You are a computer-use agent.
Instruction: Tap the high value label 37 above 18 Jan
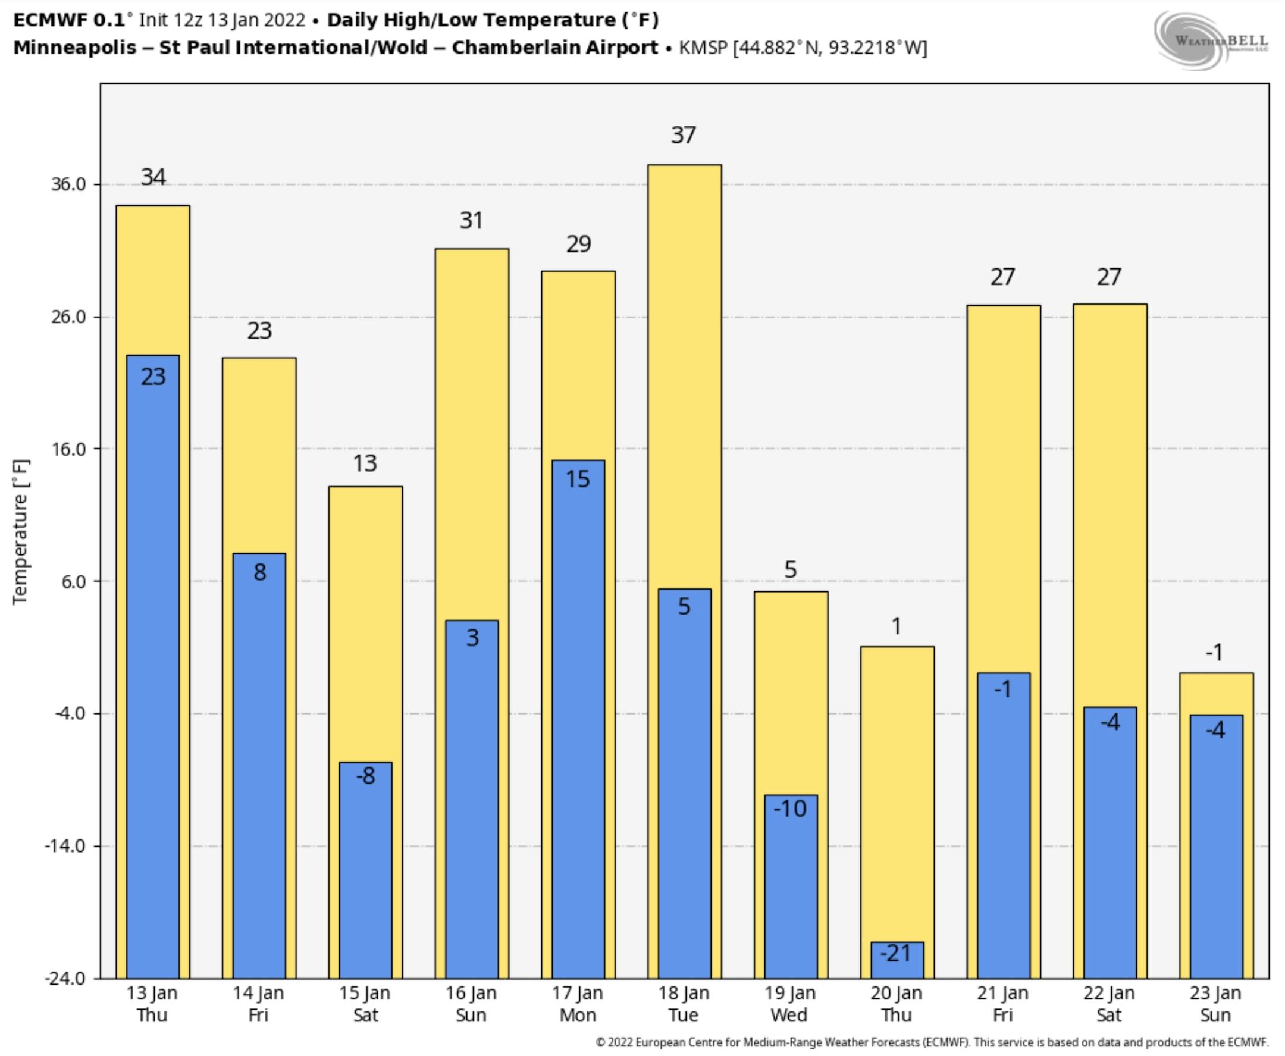click(x=684, y=135)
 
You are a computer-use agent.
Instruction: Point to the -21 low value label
click(x=897, y=953)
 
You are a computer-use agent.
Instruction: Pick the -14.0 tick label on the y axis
click(x=64, y=846)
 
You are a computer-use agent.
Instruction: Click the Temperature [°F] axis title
click(x=20, y=532)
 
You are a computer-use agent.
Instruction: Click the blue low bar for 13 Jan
click(x=153, y=669)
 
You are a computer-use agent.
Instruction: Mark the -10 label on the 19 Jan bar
click(x=790, y=809)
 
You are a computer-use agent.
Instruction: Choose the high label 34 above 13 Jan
click(x=153, y=177)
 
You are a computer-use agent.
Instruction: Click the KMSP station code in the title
click(x=703, y=48)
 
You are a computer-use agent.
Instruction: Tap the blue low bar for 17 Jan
click(x=578, y=730)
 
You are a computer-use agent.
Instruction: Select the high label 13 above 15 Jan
click(x=365, y=463)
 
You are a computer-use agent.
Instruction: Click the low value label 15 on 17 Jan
click(x=578, y=480)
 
